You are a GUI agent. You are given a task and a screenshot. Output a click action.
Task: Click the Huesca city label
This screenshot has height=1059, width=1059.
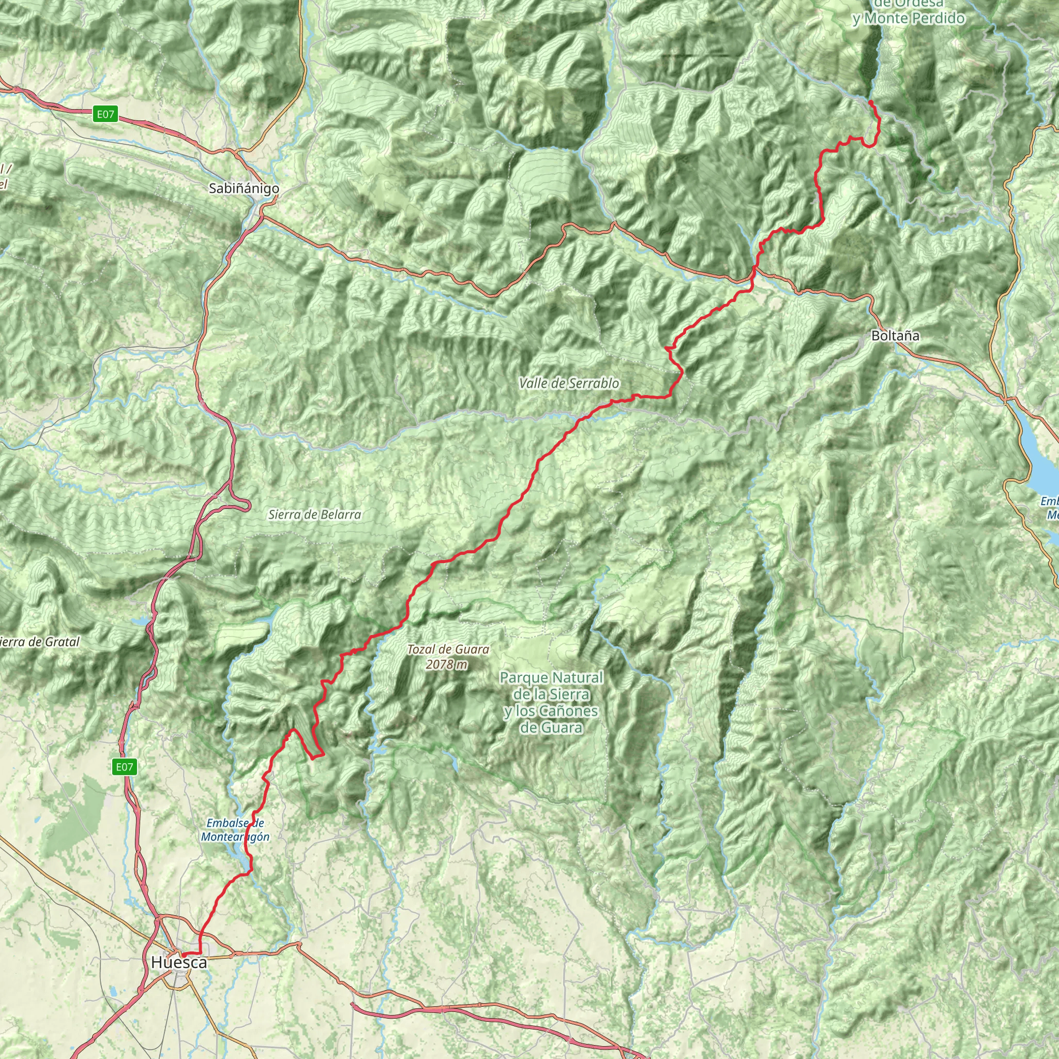[x=179, y=962]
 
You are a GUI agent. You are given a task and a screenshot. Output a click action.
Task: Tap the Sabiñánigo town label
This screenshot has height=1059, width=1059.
[x=244, y=188]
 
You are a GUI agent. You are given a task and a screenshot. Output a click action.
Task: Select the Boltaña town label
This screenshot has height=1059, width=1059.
[x=895, y=336]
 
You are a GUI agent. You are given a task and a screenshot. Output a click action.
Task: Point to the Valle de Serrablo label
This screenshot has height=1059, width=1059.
[x=569, y=383]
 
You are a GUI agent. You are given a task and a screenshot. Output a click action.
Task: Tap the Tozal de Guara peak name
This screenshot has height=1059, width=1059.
[x=448, y=649]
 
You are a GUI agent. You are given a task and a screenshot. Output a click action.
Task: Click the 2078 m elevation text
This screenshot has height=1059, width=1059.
[x=447, y=664]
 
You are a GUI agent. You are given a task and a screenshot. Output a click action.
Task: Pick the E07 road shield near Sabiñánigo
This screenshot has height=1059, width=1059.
[x=106, y=114]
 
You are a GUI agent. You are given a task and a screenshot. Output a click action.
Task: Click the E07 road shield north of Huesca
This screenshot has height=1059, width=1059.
[x=124, y=767]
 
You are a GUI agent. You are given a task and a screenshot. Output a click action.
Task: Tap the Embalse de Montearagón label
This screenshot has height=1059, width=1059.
[x=235, y=830]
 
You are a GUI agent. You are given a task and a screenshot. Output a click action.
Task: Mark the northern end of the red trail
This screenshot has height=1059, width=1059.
[x=870, y=102]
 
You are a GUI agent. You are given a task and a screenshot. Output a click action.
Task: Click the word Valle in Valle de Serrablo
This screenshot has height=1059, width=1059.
[x=533, y=383]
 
